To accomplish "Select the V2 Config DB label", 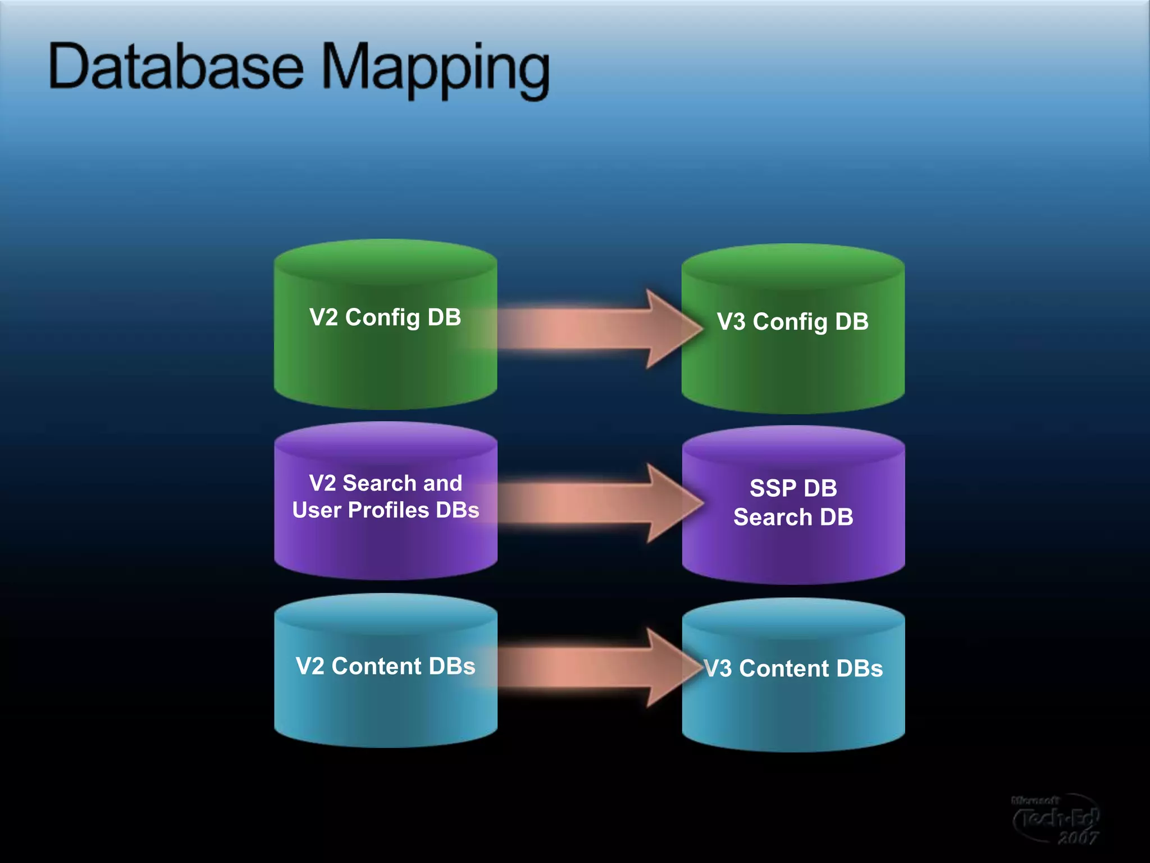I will [385, 317].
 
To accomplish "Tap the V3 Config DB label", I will [792, 322].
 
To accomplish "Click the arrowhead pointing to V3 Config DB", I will [674, 329].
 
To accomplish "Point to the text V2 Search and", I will [385, 483].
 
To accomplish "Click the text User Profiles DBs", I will [385, 510].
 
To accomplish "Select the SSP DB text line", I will [793, 488].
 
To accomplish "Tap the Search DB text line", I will [793, 517].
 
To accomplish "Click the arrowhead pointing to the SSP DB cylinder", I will [674, 503].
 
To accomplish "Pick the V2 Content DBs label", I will [385, 666].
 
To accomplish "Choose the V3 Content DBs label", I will [793, 669].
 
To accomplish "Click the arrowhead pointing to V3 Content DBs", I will [674, 667].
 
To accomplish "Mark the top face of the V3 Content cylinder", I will [793, 618].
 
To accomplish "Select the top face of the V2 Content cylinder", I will [385, 614].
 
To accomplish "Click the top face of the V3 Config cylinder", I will [793, 265].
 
